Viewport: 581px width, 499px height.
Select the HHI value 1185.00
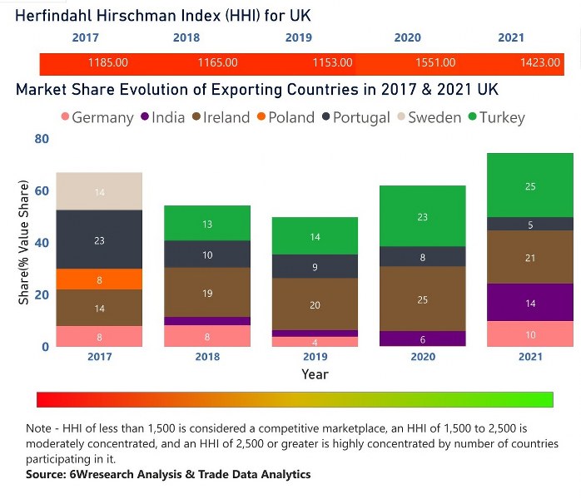pyautogui.click(x=107, y=63)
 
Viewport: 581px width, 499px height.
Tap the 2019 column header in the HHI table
pyautogui.click(x=298, y=37)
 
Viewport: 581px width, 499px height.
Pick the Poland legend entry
pyautogui.click(x=283, y=117)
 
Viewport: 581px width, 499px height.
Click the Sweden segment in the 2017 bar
pyautogui.click(x=99, y=191)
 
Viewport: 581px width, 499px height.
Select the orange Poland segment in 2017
pyautogui.click(x=99, y=279)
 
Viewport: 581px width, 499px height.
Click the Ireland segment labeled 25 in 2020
pyautogui.click(x=422, y=299)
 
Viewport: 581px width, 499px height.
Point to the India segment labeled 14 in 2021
pyautogui.click(x=530, y=303)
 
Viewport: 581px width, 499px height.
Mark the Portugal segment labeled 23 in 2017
pyautogui.click(x=99, y=240)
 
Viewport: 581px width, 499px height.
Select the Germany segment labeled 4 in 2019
pyautogui.click(x=314, y=342)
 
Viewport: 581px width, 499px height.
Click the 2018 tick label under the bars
pyautogui.click(x=207, y=357)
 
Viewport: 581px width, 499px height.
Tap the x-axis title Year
pyautogui.click(x=315, y=374)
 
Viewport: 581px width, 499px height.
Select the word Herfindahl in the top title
pyautogui.click(x=59, y=15)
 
